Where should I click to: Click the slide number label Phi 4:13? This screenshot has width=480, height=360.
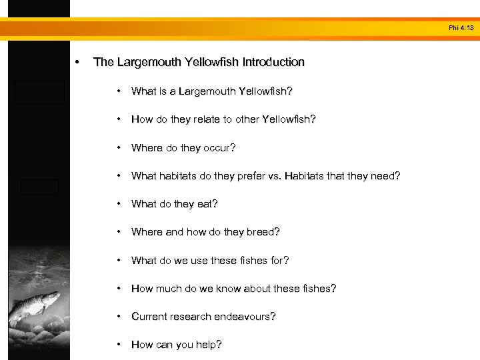pyautogui.click(x=461, y=28)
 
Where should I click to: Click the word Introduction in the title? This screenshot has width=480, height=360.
pyautogui.click(x=273, y=62)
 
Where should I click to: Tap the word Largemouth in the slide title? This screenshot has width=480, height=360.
pyautogui.click(x=148, y=62)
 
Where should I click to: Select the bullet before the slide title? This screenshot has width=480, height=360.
pyautogui.click(x=79, y=62)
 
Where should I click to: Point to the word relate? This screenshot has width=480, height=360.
pyautogui.click(x=194, y=119)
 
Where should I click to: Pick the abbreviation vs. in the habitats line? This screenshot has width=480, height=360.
pyautogui.click(x=275, y=176)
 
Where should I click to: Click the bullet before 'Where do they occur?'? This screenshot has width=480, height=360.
pyautogui.click(x=119, y=147)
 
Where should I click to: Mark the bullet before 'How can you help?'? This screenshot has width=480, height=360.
pyautogui.click(x=119, y=345)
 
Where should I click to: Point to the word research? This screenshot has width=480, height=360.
pyautogui.click(x=194, y=317)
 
